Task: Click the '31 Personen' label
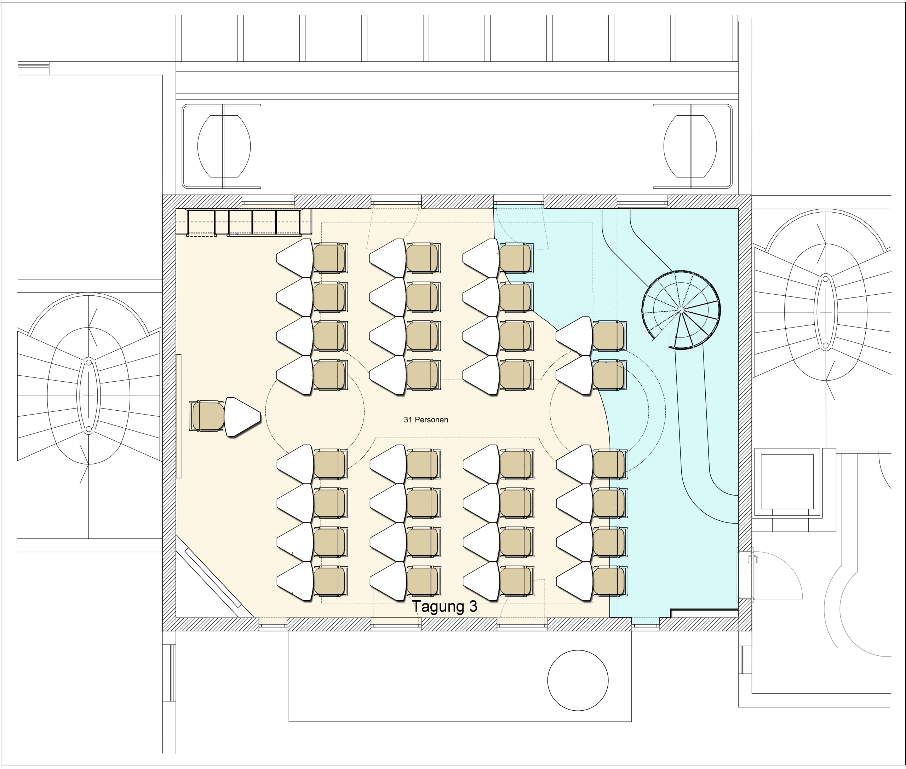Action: [426, 420]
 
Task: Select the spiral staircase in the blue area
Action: [681, 310]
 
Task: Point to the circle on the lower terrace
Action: [578, 681]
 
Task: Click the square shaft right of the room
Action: [787, 481]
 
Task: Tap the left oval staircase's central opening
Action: [88, 395]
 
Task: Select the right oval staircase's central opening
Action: [825, 312]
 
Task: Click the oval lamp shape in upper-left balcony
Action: [224, 146]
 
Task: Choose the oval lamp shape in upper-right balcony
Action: [690, 146]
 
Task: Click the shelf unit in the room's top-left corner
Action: [244, 222]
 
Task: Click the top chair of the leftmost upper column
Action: [330, 258]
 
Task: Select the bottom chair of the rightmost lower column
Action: [609, 582]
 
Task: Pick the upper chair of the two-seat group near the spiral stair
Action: [609, 336]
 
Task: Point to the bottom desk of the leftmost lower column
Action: [295, 582]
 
